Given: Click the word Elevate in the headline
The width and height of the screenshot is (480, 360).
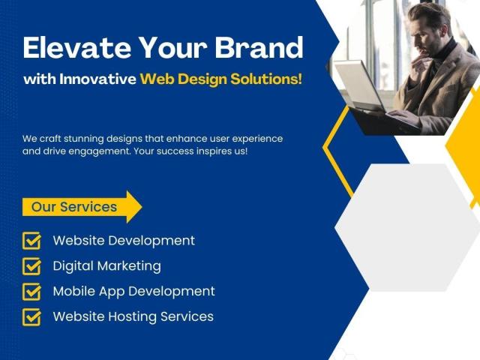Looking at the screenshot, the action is (77, 47).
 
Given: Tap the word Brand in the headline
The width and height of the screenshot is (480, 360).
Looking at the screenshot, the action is (259, 47).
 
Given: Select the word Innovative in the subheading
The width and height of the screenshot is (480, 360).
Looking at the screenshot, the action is (97, 79).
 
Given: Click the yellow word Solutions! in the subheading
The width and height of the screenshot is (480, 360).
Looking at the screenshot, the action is (266, 79).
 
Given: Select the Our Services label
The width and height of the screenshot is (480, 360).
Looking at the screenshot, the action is (74, 207).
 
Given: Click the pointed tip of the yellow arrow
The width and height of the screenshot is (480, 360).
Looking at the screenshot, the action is (142, 207).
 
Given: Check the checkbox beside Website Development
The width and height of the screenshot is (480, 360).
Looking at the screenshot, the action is (31, 241).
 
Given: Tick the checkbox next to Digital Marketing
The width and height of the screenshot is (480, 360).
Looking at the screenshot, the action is (31, 266).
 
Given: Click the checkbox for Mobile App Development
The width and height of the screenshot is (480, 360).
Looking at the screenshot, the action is (31, 292).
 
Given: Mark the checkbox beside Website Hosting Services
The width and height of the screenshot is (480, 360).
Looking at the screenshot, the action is (31, 316).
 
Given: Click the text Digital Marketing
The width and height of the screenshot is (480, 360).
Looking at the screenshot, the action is (106, 266).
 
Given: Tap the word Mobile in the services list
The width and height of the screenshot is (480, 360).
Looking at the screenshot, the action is (73, 291).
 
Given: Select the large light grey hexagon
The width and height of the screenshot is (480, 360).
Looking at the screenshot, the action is (407, 227).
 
